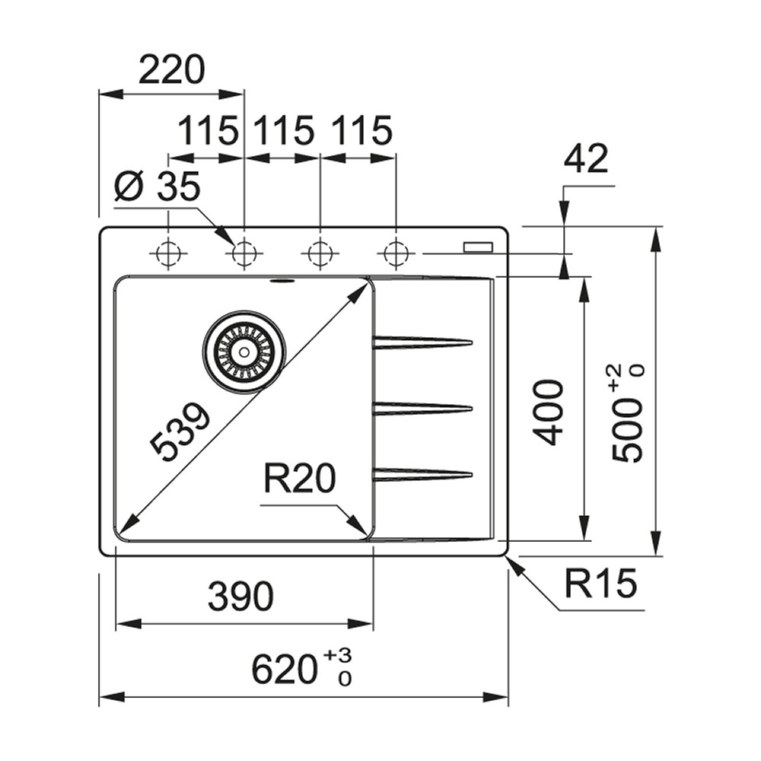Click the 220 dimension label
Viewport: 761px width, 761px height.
172,69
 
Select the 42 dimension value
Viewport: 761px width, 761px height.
585,158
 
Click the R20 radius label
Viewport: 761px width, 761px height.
299,478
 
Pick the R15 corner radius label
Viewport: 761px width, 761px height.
600,583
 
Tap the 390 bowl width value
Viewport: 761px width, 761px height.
240,596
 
